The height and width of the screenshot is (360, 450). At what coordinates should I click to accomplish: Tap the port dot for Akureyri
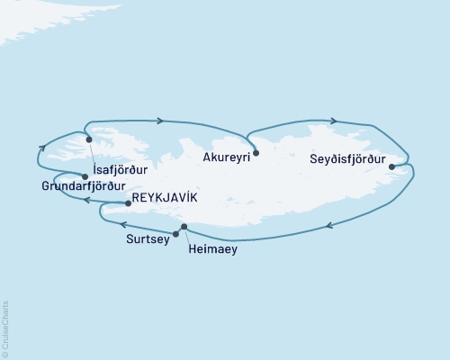[x=256, y=153]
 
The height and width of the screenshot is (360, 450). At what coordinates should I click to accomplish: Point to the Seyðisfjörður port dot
[x=391, y=166]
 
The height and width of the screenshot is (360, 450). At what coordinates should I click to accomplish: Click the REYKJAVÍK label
[x=160, y=197]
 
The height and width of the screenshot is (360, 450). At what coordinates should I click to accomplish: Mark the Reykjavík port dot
[x=128, y=203]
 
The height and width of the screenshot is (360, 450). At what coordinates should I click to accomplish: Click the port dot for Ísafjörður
[x=88, y=139]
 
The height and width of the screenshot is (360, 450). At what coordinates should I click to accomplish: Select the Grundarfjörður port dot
[x=85, y=176]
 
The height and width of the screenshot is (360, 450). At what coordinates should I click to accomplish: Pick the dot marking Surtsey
[x=175, y=234]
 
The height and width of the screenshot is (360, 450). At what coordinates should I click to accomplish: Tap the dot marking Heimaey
[x=184, y=226]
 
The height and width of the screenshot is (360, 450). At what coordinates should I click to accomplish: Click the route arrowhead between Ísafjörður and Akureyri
[x=159, y=120]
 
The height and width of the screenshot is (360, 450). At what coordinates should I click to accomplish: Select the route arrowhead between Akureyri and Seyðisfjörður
[x=334, y=120]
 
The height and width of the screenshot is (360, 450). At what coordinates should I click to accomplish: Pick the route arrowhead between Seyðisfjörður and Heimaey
[x=330, y=226]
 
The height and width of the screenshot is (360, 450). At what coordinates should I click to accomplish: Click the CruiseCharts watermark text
[x=5, y=328]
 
